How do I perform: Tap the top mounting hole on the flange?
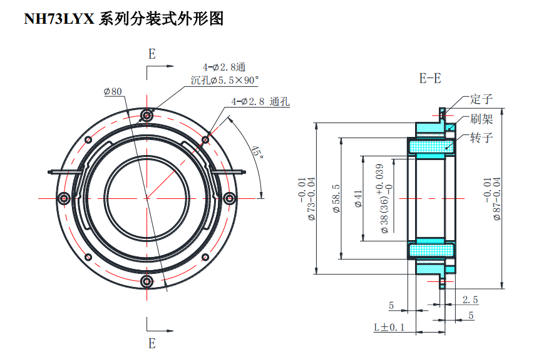pos(147,115)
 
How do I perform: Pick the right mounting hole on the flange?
pos(230,198)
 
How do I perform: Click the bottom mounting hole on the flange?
pos(147,281)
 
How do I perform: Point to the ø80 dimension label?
pos(113,91)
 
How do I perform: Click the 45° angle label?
pos(255,152)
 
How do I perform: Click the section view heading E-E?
pos(429,79)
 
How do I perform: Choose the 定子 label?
pos(481,99)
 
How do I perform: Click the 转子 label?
pos(481,138)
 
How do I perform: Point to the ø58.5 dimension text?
pos(336,199)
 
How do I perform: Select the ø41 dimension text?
pos(359,199)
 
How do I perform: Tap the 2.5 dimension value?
pos(470,299)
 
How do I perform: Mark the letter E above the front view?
pos(151,54)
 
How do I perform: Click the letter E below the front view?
pos(151,343)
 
